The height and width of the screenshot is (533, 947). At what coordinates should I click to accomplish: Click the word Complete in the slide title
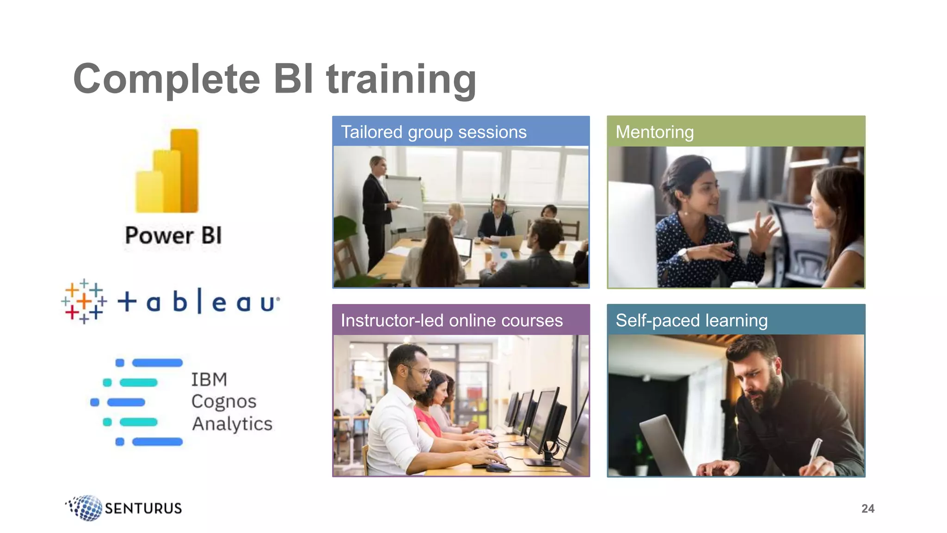pyautogui.click(x=166, y=80)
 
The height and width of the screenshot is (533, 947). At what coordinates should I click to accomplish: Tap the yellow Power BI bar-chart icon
pyautogui.click(x=167, y=171)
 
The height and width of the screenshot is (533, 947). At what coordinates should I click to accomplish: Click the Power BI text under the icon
pyautogui.click(x=173, y=236)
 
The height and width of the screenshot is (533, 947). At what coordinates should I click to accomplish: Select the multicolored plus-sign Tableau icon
pyautogui.click(x=84, y=301)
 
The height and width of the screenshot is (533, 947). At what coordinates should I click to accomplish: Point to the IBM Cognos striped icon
pyautogui.click(x=137, y=402)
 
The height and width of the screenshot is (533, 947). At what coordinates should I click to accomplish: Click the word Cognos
pyautogui.click(x=224, y=401)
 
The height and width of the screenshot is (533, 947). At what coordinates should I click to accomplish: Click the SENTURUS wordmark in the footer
pyautogui.click(x=143, y=508)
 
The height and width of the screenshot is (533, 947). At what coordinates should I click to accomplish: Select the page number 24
pyautogui.click(x=867, y=508)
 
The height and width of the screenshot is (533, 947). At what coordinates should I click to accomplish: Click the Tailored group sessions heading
pyautogui.click(x=433, y=132)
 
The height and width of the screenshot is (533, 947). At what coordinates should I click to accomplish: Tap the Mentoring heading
pyautogui.click(x=654, y=132)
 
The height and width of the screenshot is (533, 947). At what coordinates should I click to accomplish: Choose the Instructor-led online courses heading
pyautogui.click(x=451, y=320)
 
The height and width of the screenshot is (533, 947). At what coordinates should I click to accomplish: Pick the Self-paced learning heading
pyautogui.click(x=691, y=320)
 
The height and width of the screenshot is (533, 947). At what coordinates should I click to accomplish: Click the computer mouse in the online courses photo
pyautogui.click(x=498, y=467)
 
